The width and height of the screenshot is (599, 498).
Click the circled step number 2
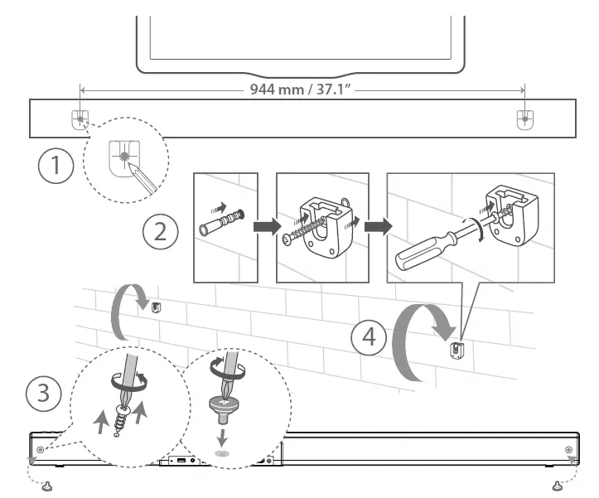160,230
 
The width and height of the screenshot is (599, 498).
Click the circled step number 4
368,336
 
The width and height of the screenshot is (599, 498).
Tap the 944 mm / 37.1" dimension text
301,87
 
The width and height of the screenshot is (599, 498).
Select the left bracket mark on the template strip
79,120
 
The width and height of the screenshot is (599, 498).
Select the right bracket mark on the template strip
524,120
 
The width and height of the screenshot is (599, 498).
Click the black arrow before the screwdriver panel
377,226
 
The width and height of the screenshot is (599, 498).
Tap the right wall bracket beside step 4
454,349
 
